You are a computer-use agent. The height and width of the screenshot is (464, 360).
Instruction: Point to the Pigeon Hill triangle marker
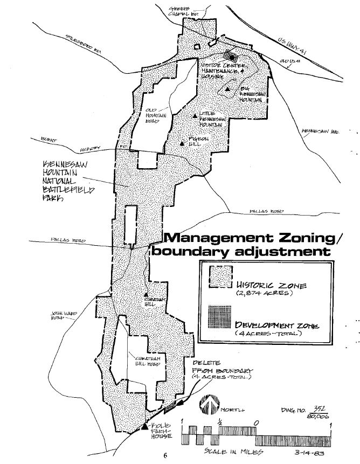click(183, 143)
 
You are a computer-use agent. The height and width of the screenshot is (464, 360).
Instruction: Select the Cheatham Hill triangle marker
click(146, 295)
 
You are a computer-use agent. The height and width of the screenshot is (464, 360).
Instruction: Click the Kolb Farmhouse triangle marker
click(144, 426)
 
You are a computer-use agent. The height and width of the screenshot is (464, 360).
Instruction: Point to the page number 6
click(167, 455)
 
